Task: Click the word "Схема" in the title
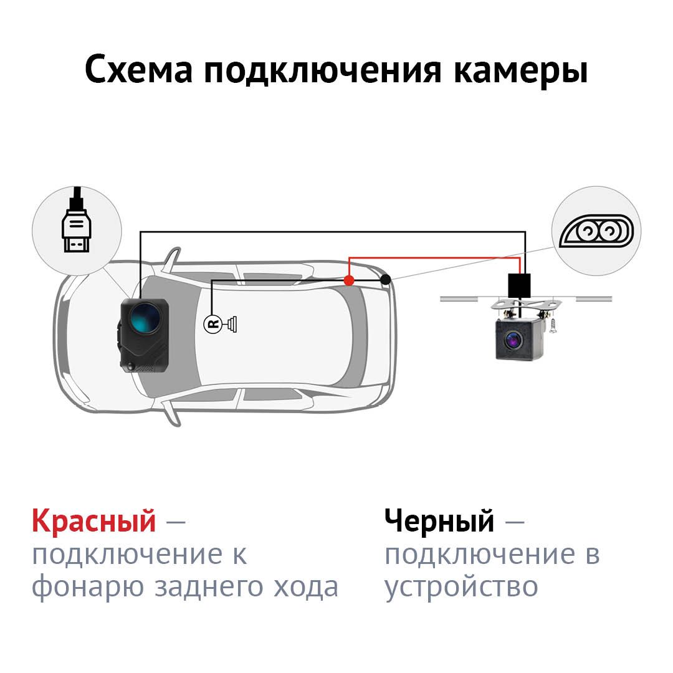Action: point(138,69)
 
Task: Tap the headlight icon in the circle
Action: point(596,231)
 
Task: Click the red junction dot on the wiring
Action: point(349,280)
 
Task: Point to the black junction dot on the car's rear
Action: point(386,280)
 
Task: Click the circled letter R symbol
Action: point(212,323)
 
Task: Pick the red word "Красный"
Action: point(93,520)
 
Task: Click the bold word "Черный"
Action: point(439,520)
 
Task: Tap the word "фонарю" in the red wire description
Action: point(88,588)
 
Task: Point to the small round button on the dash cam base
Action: point(130,366)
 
